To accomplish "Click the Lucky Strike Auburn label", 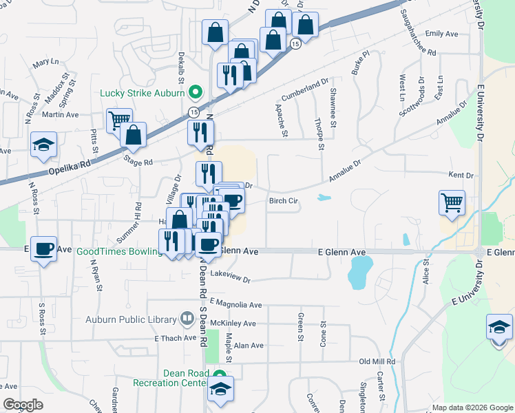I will (x=143, y=92).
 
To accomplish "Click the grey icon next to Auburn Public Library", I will (x=186, y=319).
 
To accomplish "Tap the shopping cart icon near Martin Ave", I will (x=119, y=120).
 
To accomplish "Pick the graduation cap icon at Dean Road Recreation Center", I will (x=220, y=389).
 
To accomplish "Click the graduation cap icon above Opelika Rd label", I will (x=43, y=145).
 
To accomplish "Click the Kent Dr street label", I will (x=461, y=176).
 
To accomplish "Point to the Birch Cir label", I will (x=283, y=202).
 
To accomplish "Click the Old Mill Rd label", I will (x=377, y=361).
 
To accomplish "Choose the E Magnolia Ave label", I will (x=236, y=304).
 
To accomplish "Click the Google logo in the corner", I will (x=23, y=405).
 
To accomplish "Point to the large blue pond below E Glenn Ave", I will (x=361, y=272).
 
